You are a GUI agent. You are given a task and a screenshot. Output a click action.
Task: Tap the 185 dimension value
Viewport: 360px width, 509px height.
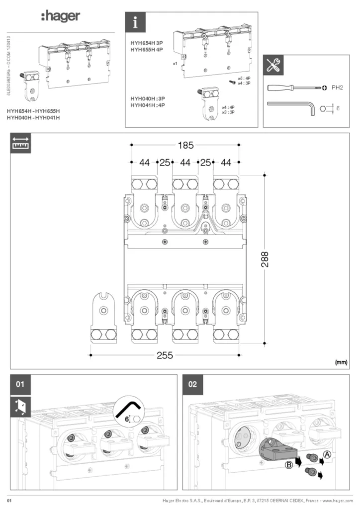[x=185, y=146]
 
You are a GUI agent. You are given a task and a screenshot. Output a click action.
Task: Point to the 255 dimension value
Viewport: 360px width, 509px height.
[x=165, y=355]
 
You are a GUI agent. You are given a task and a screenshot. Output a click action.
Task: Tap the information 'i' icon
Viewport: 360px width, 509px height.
[x=135, y=23]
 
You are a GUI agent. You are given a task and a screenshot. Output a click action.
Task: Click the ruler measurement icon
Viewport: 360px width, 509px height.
[x=20, y=143]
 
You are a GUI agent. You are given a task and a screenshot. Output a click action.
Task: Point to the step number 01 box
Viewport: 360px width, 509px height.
[x=20, y=384]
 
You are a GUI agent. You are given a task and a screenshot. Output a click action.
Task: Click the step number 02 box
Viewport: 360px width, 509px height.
[x=193, y=384]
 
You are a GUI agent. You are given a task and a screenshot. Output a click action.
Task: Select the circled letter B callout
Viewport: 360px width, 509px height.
[x=288, y=464]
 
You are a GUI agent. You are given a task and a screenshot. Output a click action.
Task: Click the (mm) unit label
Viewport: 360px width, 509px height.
[x=341, y=362]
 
